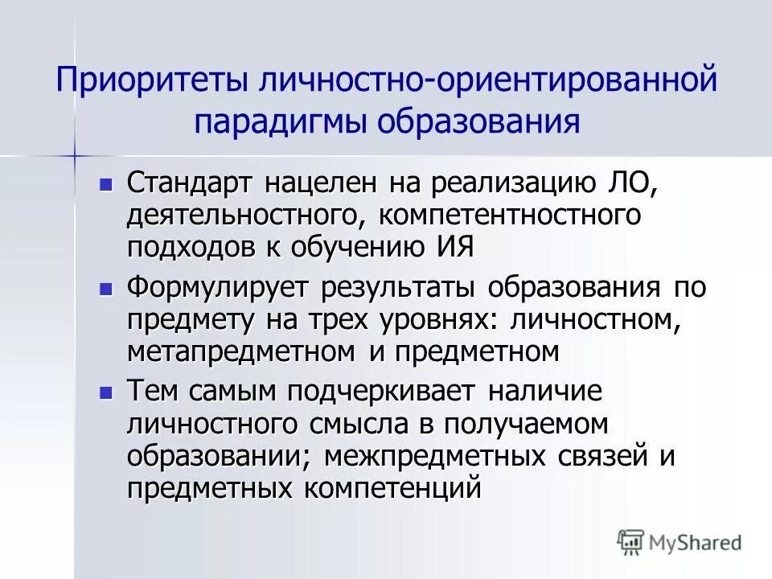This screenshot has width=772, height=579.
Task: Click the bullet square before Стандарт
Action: tap(105, 183)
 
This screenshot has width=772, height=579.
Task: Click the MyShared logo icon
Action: tap(631, 543)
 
